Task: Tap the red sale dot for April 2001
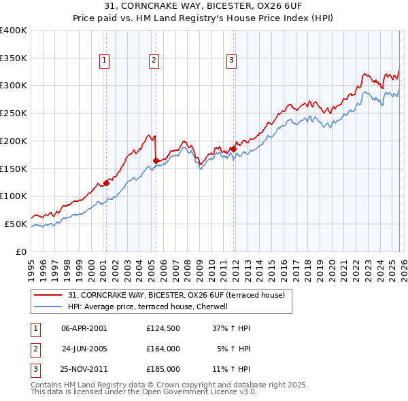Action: click(106, 182)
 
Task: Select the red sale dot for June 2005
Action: click(156, 160)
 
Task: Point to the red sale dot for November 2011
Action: click(233, 149)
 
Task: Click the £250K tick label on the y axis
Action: click(13, 114)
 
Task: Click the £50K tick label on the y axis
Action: click(16, 224)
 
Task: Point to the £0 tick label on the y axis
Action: click(20, 251)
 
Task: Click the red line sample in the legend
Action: click(49, 295)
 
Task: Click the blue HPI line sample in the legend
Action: click(49, 307)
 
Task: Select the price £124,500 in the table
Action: click(163, 328)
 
